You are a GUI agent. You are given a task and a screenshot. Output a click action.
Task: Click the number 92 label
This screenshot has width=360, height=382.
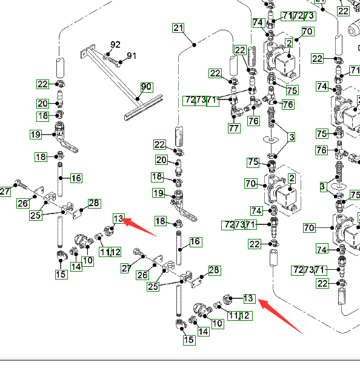pyautogui.click(x=115, y=45)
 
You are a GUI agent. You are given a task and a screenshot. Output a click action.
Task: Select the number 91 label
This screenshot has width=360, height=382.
pyautogui.click(x=132, y=56)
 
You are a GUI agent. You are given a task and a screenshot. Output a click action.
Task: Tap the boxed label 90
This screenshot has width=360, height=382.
pyautogui.click(x=147, y=87)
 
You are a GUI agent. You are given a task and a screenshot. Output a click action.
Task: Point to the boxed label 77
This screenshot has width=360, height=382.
pyautogui.click(x=234, y=128)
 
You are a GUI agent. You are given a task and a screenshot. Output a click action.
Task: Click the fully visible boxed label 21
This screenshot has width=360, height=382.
pyautogui.click(x=178, y=28)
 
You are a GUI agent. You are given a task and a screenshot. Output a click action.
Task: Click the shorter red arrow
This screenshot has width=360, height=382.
pyautogui.click(x=139, y=227)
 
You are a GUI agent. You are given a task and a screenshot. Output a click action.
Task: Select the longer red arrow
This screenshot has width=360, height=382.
pyautogui.click(x=279, y=316)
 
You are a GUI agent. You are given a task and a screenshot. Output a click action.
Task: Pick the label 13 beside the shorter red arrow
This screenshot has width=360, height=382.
pyautogui.click(x=119, y=218)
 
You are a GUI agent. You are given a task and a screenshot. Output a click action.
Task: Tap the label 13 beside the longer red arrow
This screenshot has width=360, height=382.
pyautogui.click(x=250, y=298)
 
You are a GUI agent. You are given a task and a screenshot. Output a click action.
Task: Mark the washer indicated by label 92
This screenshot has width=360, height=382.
pyautogui.click(x=107, y=56)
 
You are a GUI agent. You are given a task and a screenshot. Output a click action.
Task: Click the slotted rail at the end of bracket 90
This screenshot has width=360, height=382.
pyautogui.click(x=144, y=107)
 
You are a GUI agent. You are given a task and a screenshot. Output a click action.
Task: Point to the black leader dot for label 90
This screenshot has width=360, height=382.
pyautogui.click(x=138, y=99)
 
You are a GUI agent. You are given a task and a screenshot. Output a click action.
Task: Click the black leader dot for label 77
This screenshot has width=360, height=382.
pyautogui.click(x=234, y=116)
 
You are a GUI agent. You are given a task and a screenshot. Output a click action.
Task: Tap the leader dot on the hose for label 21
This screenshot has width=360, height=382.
pyautogui.click(x=194, y=45)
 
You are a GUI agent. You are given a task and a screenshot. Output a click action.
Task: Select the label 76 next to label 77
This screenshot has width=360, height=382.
pyautogui.click(x=253, y=121)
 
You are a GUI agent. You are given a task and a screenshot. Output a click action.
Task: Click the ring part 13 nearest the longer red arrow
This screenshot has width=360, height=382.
pyautogui.click(x=227, y=299)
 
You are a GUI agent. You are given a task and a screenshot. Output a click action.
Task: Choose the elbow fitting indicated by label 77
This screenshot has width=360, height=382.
pyautogui.click(x=236, y=112)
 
